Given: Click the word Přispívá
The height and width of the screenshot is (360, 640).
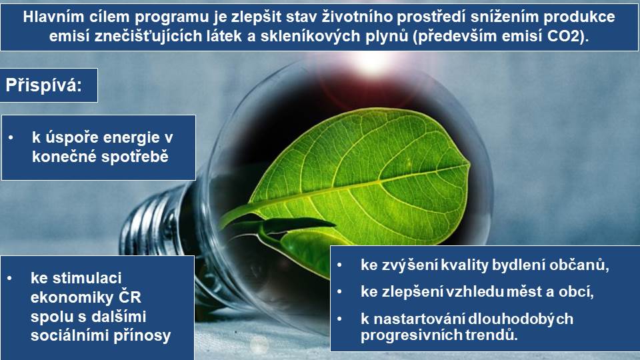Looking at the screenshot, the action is coord(43,86).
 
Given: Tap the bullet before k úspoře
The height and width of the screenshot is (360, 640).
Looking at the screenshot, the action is coord(11,138).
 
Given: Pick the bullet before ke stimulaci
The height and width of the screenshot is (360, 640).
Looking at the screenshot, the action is coord(9,279).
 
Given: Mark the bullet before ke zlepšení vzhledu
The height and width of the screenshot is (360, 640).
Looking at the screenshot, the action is coord(339,292).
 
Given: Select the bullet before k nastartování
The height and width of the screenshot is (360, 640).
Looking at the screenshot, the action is coord(339,319).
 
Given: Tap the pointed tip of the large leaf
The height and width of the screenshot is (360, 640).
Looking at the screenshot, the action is coord(469,163).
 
